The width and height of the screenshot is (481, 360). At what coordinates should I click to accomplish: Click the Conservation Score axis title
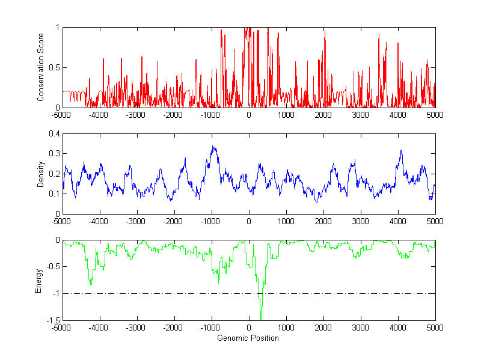click(x=40, y=67)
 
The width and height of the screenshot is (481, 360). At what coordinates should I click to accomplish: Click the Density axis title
click(x=40, y=174)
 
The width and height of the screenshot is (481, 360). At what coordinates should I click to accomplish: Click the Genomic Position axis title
click(x=248, y=338)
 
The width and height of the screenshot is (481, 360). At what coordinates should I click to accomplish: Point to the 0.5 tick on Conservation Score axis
click(x=55, y=67)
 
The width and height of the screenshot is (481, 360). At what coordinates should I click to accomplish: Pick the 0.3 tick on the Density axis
click(x=55, y=154)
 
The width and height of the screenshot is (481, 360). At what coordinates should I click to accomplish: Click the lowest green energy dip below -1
click(x=261, y=317)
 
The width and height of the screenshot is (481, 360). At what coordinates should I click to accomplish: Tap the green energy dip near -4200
click(x=91, y=283)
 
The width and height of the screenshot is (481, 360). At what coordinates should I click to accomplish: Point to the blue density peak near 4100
click(x=401, y=151)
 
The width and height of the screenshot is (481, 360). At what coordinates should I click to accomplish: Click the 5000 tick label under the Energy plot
click(x=435, y=328)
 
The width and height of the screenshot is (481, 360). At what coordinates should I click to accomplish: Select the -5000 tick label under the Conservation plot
click(x=62, y=115)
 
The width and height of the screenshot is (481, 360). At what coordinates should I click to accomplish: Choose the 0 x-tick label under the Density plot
click(x=249, y=221)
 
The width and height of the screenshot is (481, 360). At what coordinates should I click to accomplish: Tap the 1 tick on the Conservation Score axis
click(x=58, y=28)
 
